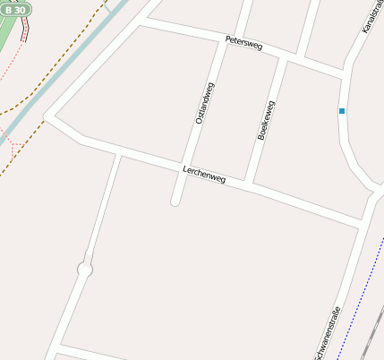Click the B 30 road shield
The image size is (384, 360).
tap(15, 8)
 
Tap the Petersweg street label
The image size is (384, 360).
tap(243, 42)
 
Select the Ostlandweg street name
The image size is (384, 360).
tap(204, 102)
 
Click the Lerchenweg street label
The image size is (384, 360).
tap(203, 174)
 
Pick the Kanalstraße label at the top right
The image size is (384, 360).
tap(369, 18)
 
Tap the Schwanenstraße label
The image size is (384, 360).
tap(327, 333)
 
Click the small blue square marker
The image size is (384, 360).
tap(341, 111)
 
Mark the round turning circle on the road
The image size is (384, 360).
tap(85, 269)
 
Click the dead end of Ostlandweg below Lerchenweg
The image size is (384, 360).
tap(175, 201)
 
